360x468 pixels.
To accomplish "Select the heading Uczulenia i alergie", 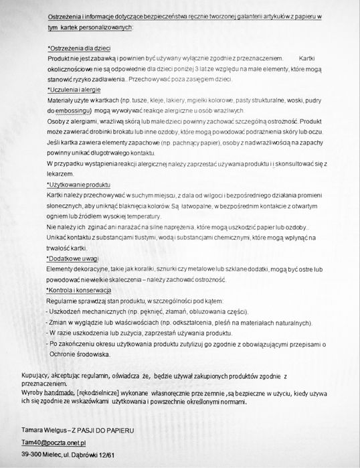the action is point(75,90).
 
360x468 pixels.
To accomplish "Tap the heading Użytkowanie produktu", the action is point(80,184).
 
